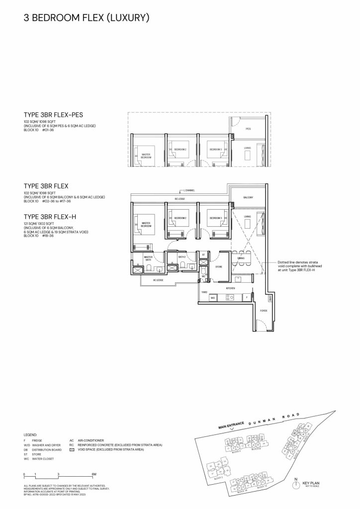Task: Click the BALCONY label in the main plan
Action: point(248,197)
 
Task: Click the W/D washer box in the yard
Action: point(212,298)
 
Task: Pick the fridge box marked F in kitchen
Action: point(247,298)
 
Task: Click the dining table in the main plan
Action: point(241,258)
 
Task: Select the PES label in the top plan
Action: point(248,129)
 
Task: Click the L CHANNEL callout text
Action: point(189,190)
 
